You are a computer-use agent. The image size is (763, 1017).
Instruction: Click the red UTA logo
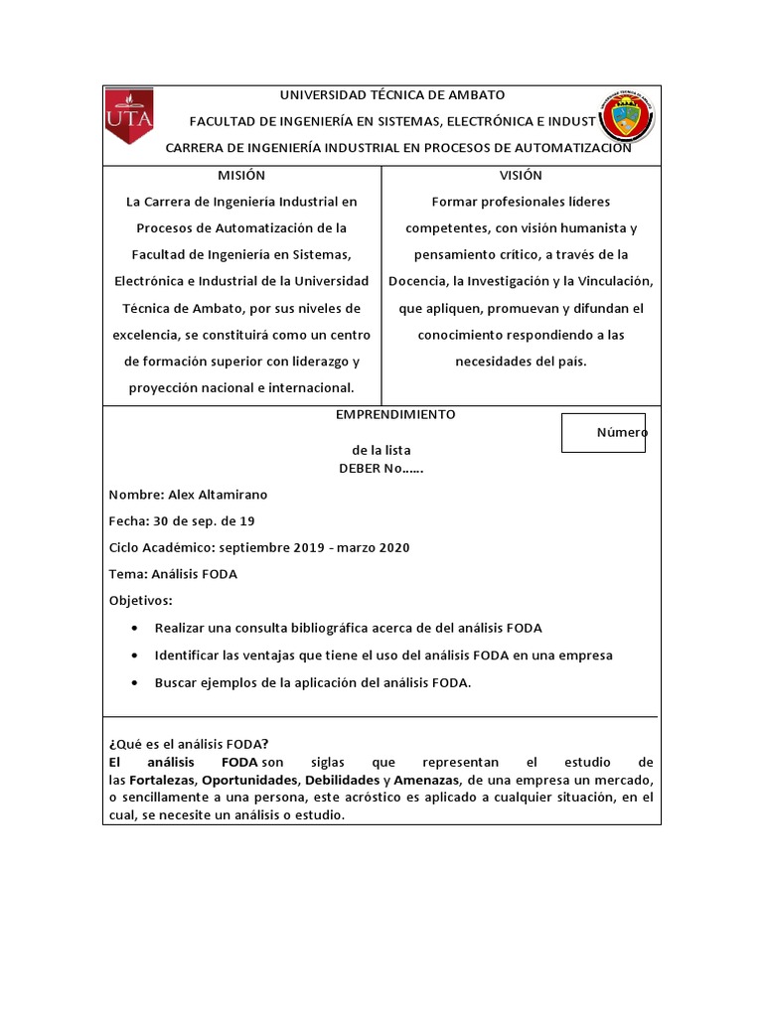click(128, 118)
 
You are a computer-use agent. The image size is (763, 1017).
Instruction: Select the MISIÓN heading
click(241, 175)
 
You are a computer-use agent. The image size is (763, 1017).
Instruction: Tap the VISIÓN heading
click(521, 175)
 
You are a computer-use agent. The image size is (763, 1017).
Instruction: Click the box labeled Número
click(603, 433)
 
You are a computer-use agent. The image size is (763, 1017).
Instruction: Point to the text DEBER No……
click(381, 469)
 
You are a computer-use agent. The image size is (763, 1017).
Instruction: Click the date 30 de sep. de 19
click(202, 521)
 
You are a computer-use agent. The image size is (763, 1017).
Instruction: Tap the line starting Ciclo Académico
click(259, 548)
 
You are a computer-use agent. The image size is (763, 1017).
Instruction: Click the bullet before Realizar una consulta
click(135, 629)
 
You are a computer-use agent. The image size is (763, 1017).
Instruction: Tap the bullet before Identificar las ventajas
click(135, 655)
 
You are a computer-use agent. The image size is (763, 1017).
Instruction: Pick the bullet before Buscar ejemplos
click(135, 682)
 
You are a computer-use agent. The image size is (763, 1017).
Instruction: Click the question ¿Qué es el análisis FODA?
click(187, 746)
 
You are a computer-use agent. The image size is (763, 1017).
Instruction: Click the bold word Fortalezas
click(163, 780)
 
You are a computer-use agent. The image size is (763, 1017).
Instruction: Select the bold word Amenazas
click(427, 780)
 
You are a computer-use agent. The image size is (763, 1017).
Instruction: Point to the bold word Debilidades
click(342, 780)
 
